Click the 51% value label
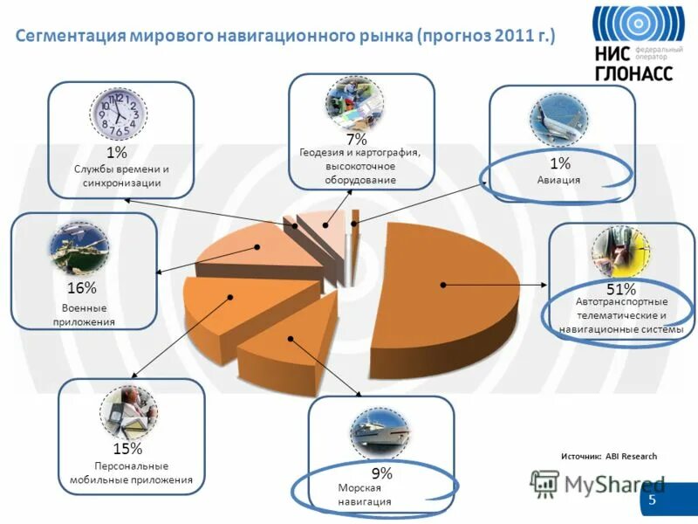coord(620,288)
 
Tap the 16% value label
coord(82,287)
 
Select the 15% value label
coord(127,449)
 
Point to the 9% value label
coord(381,473)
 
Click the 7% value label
coord(356,139)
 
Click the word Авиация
coord(558,180)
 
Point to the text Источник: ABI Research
coord(608,457)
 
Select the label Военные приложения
coord(85,314)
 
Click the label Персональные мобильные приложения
coord(131,472)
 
